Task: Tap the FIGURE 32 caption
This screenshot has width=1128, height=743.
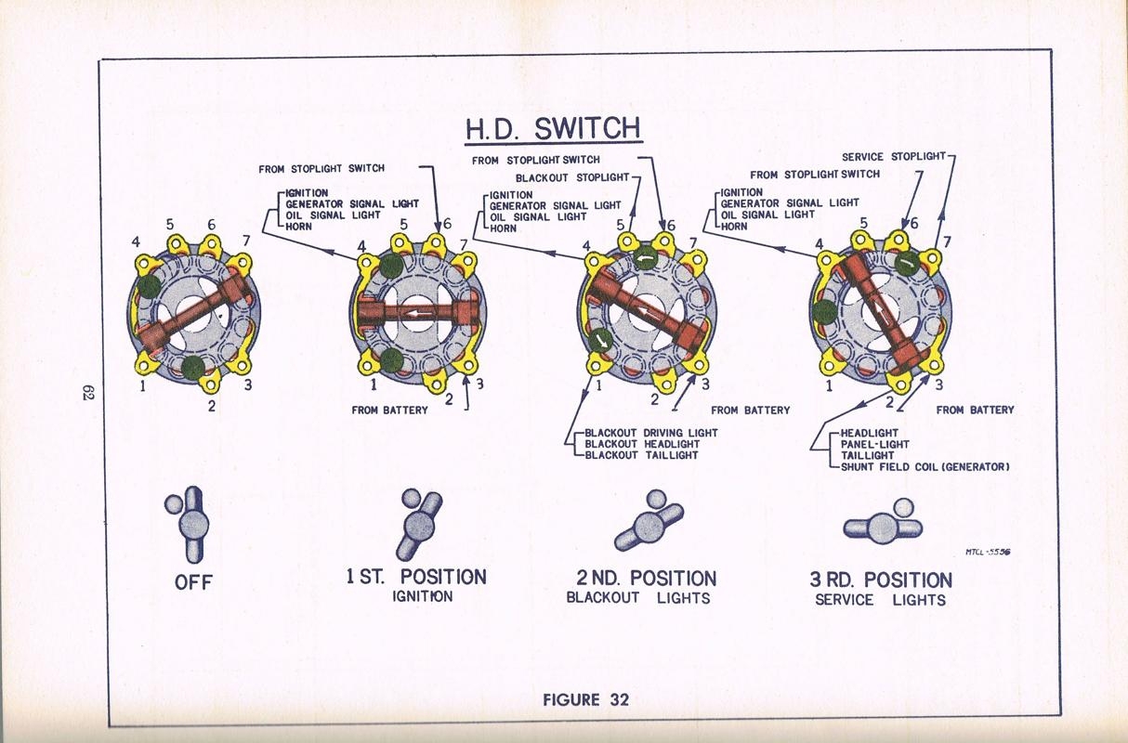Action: [585, 699]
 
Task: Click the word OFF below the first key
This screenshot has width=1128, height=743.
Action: [193, 582]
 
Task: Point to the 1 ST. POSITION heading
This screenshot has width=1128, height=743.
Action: [416, 577]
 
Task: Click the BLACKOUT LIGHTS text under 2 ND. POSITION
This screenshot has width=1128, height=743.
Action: [638, 598]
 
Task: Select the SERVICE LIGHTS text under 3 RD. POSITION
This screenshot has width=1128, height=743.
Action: [880, 600]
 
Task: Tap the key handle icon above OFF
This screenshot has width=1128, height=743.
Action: [190, 522]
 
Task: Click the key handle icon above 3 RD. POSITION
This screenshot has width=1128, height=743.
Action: [884, 525]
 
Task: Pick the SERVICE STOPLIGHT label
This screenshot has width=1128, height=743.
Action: [892, 157]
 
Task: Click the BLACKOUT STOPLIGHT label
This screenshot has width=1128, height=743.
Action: [572, 177]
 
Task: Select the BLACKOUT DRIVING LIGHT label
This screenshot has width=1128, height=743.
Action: [650, 433]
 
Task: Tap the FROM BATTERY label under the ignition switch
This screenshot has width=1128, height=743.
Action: [389, 410]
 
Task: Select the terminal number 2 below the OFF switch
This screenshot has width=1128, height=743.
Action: [212, 405]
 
